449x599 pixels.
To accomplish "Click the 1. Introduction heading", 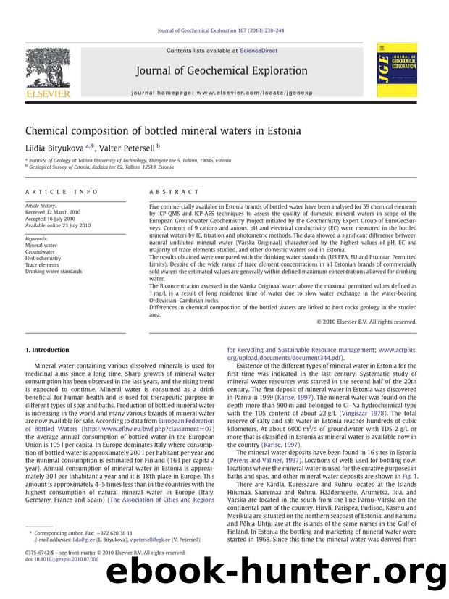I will tap(48, 350).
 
